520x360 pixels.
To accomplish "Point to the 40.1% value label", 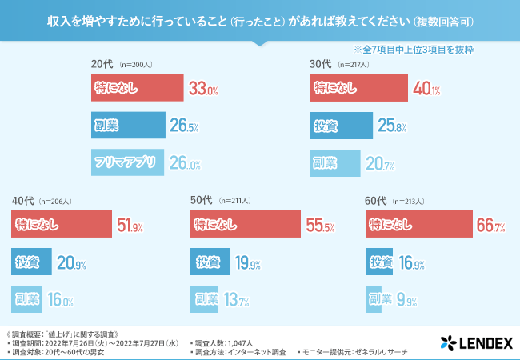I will [x=426, y=89].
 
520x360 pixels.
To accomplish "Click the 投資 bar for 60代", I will [x=379, y=262].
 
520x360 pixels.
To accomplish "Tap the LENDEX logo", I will [x=475, y=344].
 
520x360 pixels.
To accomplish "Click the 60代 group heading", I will [x=375, y=200].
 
